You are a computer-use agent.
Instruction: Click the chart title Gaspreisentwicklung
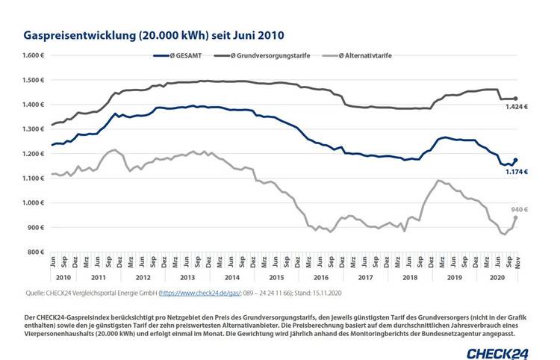click(x=154, y=35)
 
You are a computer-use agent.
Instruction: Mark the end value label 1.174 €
click(x=517, y=171)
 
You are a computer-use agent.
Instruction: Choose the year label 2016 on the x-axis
click(x=322, y=276)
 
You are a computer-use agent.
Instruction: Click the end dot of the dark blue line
click(x=515, y=160)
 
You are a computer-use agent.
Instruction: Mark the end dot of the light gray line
click(x=515, y=217)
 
